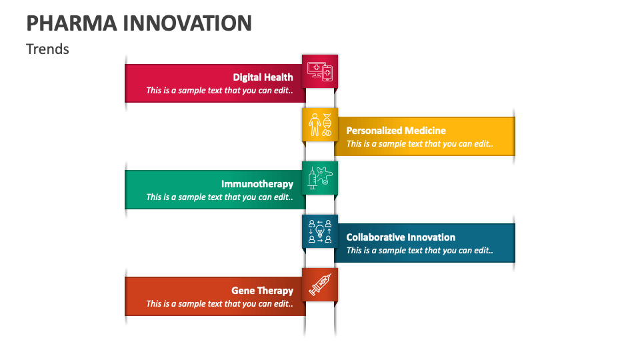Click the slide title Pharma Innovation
139,23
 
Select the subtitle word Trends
47,49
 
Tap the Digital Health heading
263,77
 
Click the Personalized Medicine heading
396,131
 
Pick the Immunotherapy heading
257,184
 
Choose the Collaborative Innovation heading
401,237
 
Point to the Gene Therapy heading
262,291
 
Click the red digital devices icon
320,71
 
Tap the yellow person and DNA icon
320,125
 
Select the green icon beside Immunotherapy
320,178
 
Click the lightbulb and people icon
320,231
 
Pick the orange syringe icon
320,285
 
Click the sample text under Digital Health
219,91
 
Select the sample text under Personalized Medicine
419,144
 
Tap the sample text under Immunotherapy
219,197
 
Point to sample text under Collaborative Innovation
419,251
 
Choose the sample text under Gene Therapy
219,304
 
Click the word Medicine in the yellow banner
423,131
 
